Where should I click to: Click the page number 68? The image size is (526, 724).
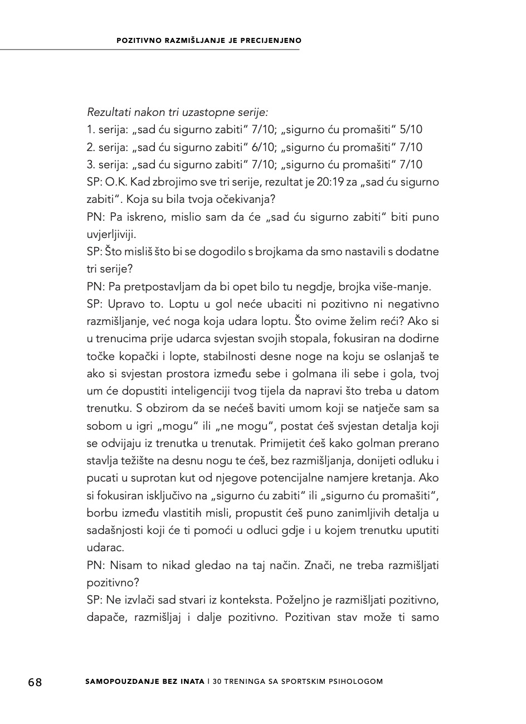point(35,682)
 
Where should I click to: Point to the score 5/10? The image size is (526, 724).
point(411,130)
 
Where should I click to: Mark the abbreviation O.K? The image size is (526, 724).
point(116,182)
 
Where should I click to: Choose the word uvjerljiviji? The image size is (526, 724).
point(111,234)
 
